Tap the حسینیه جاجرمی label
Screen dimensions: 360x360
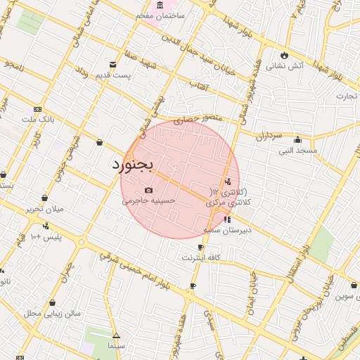pyautogui.click(x=148, y=200)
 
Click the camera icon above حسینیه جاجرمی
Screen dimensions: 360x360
pyautogui.click(x=148, y=190)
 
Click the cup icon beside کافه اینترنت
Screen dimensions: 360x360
pyautogui.click(x=201, y=247)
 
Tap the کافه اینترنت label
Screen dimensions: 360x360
pyautogui.click(x=202, y=258)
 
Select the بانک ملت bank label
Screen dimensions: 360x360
pyautogui.click(x=38, y=120)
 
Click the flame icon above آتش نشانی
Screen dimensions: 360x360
pyautogui.click(x=284, y=54)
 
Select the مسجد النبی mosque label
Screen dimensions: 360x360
pyautogui.click(x=298, y=150)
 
